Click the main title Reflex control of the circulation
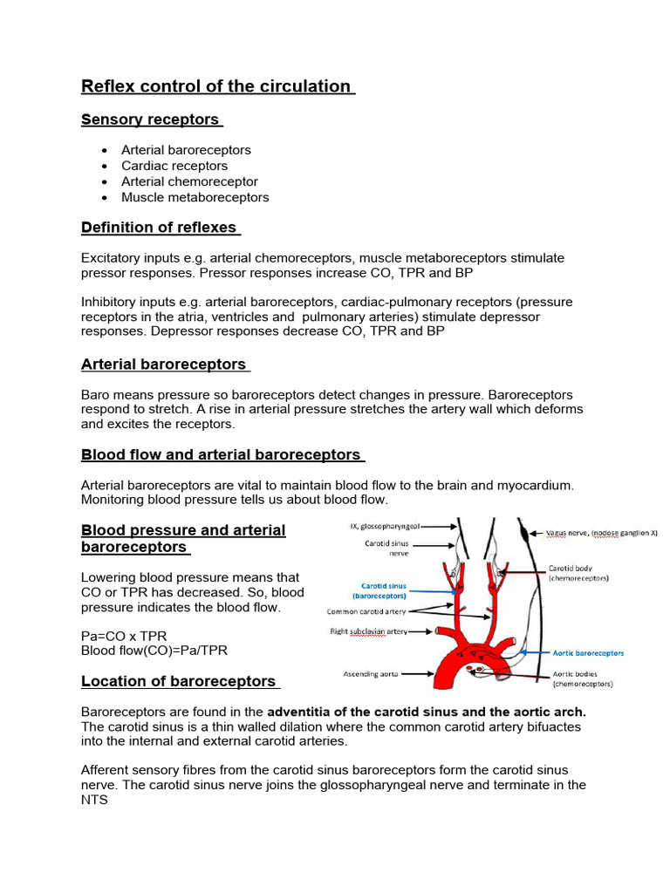(217, 85)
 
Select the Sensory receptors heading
(151, 119)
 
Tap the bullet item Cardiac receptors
(174, 166)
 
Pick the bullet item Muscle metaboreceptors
(195, 197)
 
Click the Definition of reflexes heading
(160, 228)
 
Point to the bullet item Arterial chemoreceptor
(189, 181)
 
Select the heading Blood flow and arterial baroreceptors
(222, 454)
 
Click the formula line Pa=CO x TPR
(123, 637)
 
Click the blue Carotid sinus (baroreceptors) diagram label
(385, 591)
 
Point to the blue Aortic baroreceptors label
(588, 652)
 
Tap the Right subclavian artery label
(369, 631)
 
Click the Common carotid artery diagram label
(366, 612)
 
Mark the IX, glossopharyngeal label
(385, 527)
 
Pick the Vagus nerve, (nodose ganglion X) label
(601, 532)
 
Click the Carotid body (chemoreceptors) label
(578, 572)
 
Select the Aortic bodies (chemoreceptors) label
(583, 679)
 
